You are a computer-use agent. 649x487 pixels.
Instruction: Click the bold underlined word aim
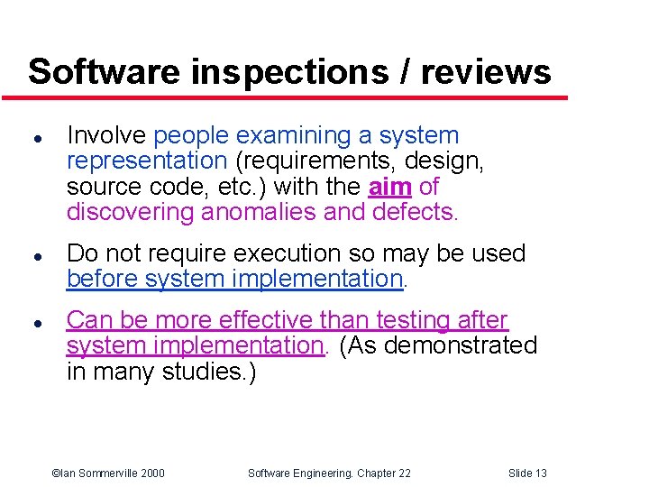390,188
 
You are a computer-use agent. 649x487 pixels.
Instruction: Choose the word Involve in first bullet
106,136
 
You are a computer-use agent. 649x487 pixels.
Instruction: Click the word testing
410,320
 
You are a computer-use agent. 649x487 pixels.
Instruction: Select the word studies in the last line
205,372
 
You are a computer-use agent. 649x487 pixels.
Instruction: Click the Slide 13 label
527,473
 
